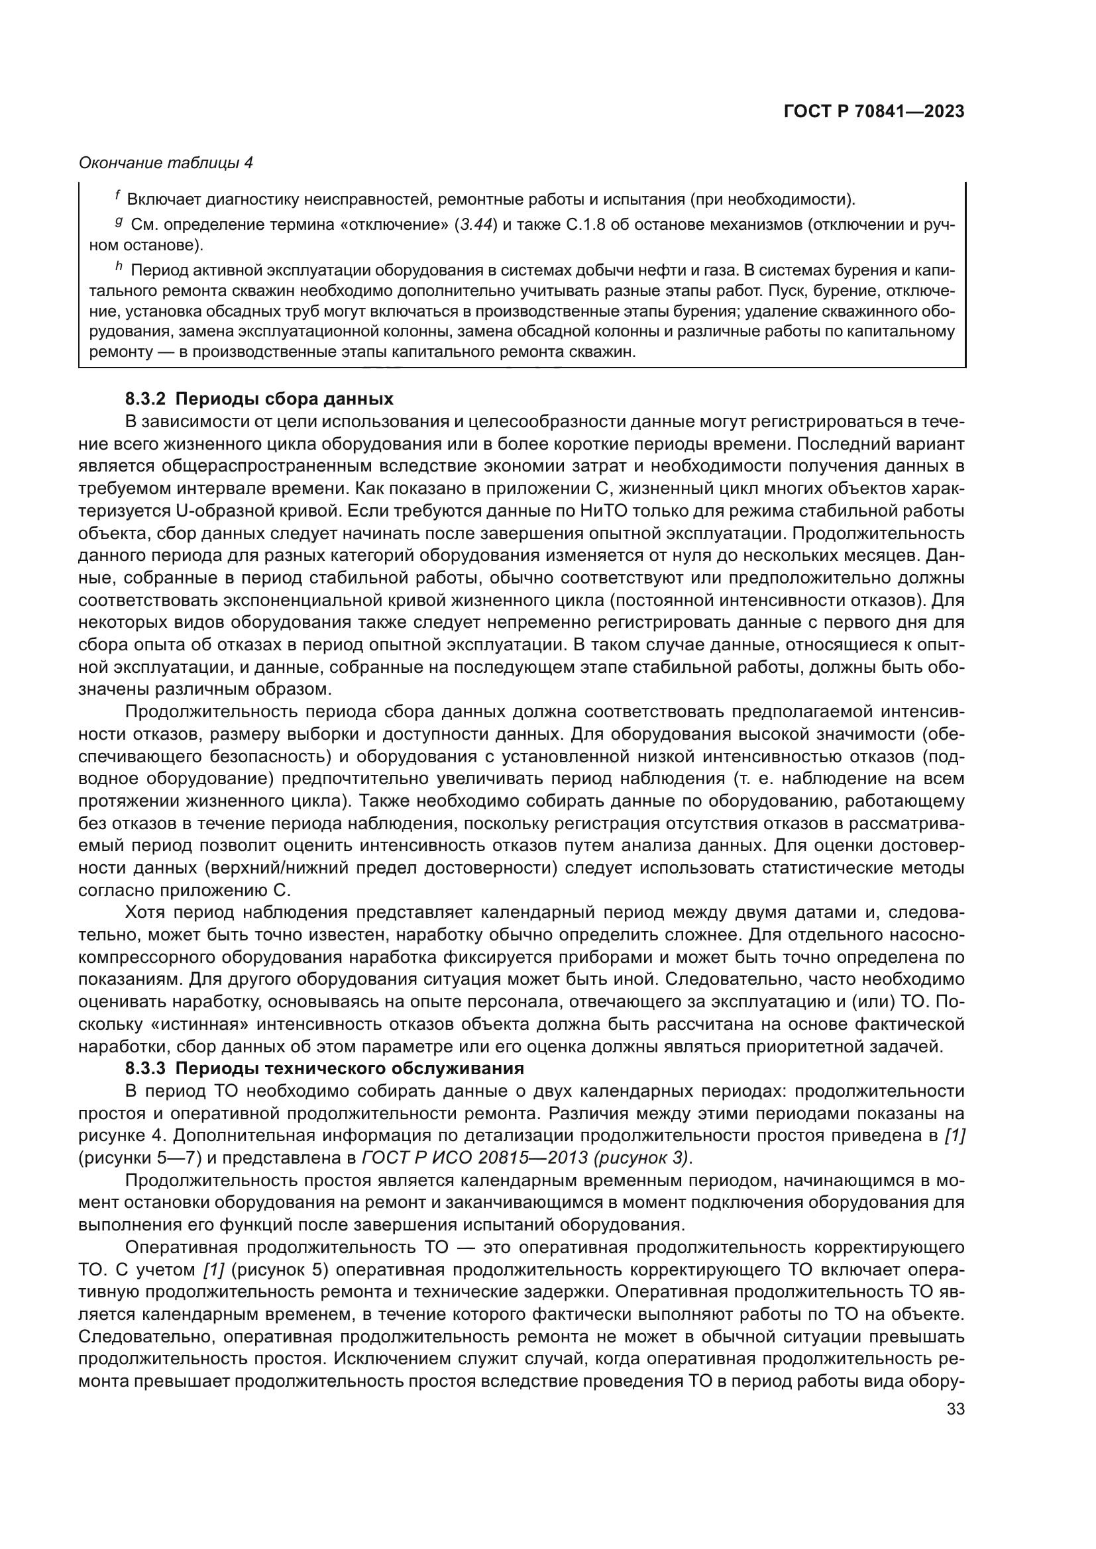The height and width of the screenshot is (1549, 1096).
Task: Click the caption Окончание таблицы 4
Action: point(166,163)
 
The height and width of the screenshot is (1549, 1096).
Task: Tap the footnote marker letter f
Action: point(117,195)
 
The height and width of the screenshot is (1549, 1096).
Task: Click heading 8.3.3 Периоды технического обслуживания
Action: point(325,1069)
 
